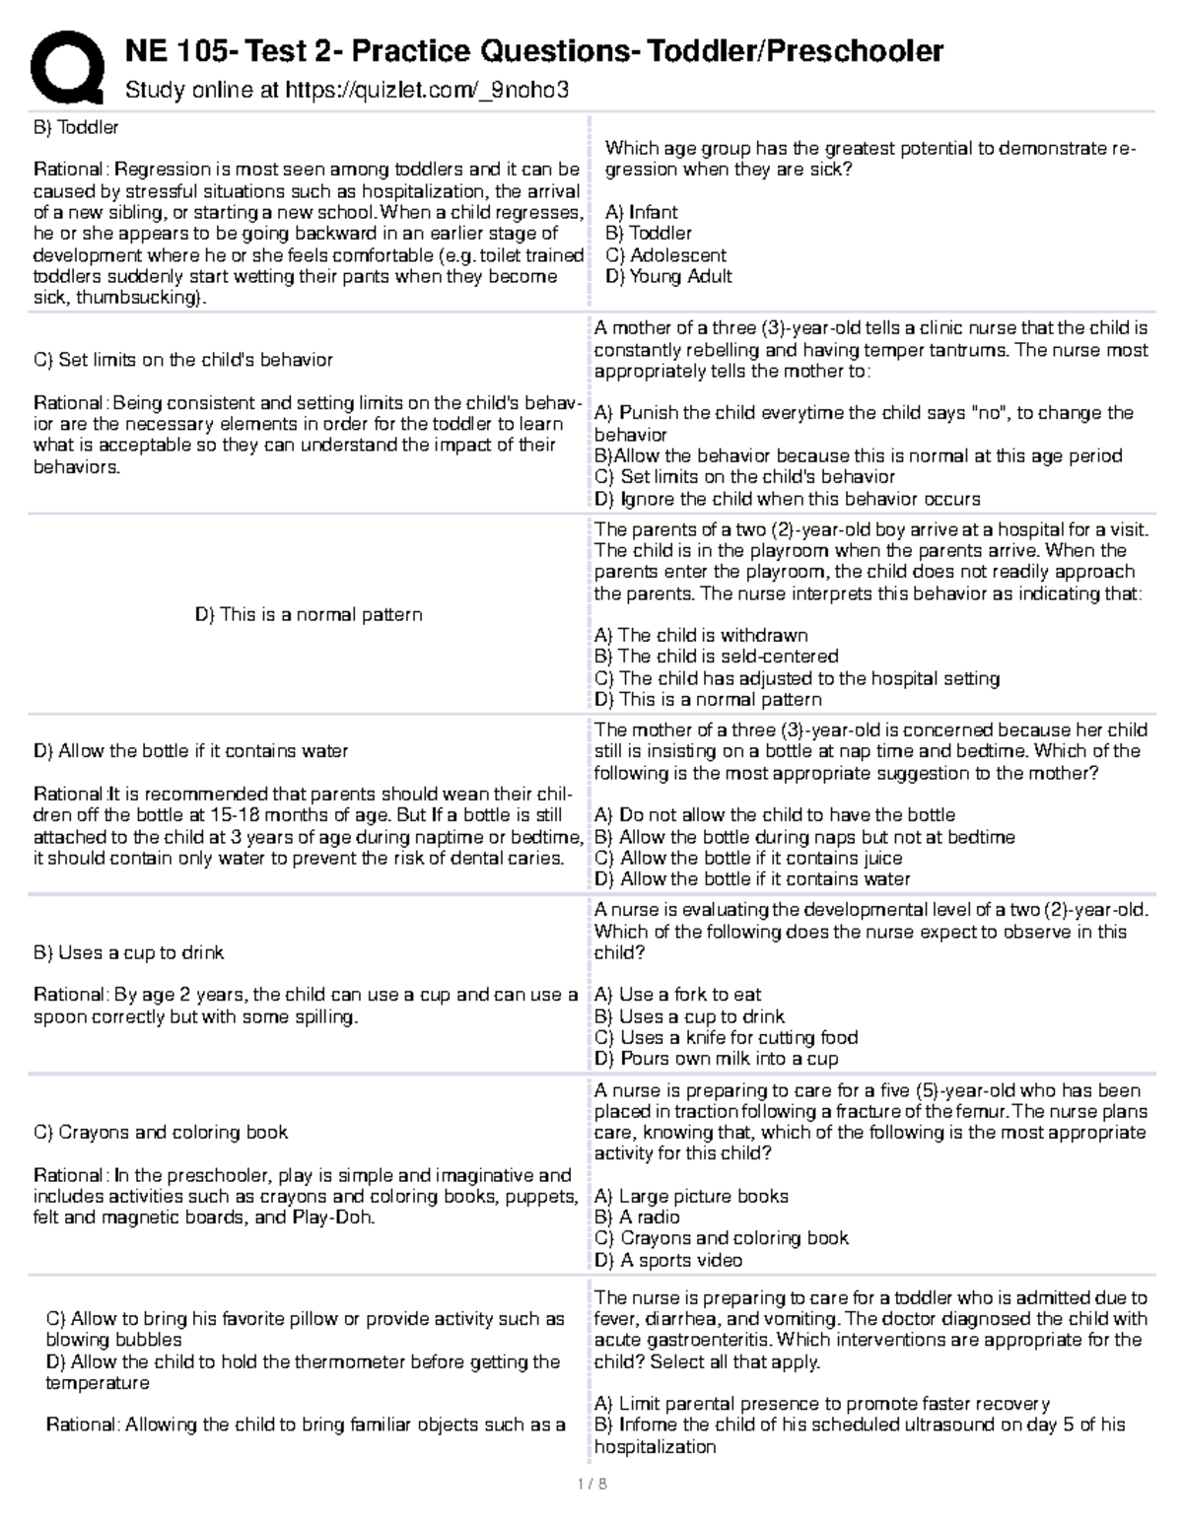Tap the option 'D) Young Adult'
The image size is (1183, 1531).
click(x=668, y=277)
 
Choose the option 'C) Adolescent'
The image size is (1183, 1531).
click(x=665, y=255)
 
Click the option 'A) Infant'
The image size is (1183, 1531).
click(x=641, y=212)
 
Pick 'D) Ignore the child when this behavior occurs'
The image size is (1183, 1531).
click(x=787, y=499)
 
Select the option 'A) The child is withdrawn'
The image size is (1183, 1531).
click(x=701, y=636)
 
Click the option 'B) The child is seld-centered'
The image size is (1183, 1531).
click(x=716, y=657)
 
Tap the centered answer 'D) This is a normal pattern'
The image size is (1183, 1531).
click(x=309, y=615)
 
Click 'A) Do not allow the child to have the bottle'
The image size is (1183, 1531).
click(x=775, y=815)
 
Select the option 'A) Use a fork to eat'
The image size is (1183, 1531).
click(x=677, y=995)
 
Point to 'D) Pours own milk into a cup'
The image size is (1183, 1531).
click(x=716, y=1059)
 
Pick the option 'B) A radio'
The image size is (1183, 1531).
click(x=637, y=1218)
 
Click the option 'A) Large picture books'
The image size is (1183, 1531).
click(x=691, y=1197)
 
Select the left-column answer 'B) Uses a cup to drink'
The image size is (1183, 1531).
click(x=128, y=953)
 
